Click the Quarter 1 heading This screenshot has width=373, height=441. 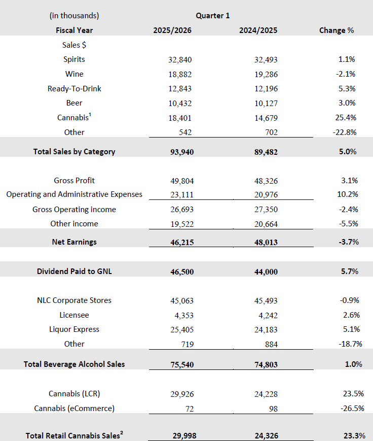pos(212,16)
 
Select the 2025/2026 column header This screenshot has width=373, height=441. pos(172,30)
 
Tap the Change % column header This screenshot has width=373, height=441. pos(337,30)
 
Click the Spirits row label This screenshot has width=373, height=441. pos(74,59)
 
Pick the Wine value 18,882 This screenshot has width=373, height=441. pos(180,74)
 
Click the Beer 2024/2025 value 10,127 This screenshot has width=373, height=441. pos(266,103)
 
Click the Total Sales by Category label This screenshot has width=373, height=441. pos(74,151)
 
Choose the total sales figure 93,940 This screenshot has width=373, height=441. pos(180,151)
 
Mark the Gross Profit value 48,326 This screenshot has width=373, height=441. pos(266,181)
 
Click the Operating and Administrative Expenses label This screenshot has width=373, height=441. pos(74,194)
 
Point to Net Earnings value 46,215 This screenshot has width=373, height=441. pos(180,242)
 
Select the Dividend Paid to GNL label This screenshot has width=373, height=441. pos(74,272)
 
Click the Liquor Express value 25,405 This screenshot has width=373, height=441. pos(180,329)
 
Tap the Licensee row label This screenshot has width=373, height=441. pos(74,315)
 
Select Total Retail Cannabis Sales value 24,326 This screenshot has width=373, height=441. pos(266,435)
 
